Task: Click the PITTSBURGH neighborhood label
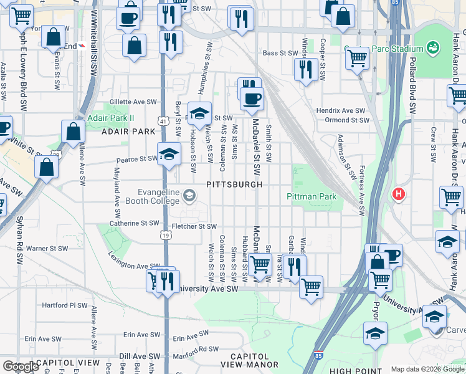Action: click(x=234, y=185)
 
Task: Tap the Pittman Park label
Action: click(x=311, y=196)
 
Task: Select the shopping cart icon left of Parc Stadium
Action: click(x=357, y=58)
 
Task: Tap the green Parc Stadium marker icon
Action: click(x=432, y=48)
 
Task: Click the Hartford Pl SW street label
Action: click(x=65, y=305)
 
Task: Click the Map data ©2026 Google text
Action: click(x=427, y=368)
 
